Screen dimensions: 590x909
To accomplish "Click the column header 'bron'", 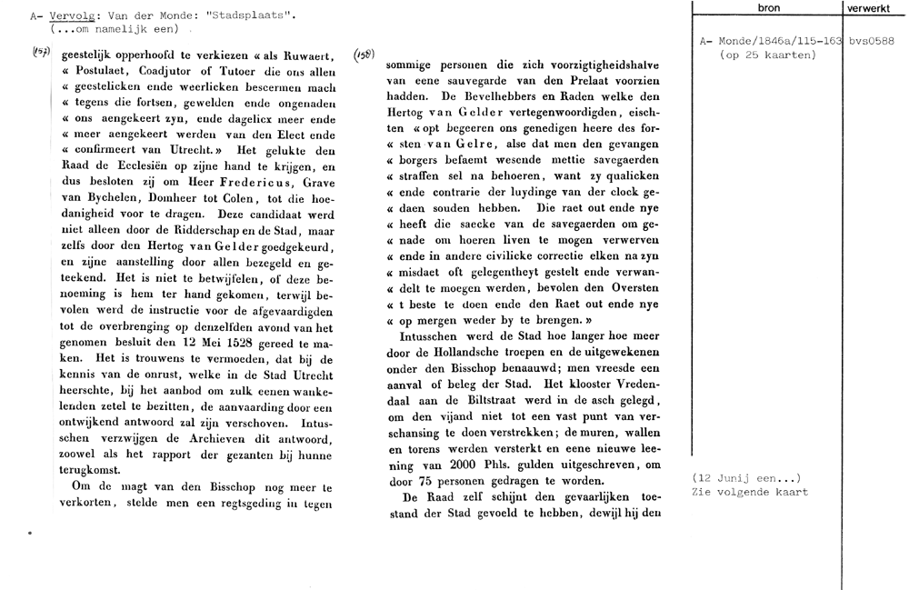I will coord(767,7).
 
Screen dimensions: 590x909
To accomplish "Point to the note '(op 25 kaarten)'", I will coord(766,55).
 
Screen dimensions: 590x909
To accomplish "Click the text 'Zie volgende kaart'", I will coord(750,492).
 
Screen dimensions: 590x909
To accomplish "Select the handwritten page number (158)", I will coord(363,54).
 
